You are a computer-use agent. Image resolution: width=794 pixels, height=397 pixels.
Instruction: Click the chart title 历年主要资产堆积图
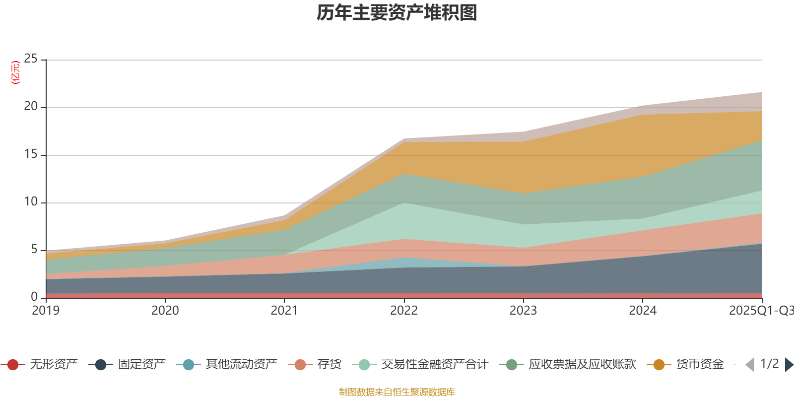(x=397, y=13)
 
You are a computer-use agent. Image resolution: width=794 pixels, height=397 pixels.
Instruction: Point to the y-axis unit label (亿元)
(x=15, y=72)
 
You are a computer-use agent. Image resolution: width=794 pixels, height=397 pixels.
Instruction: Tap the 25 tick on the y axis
(x=31, y=59)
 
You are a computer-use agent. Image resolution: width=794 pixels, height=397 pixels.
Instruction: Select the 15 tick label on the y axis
(x=31, y=154)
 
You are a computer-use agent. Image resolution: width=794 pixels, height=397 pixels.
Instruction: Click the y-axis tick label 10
(x=31, y=202)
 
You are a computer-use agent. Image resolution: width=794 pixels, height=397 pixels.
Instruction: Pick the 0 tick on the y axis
(x=34, y=297)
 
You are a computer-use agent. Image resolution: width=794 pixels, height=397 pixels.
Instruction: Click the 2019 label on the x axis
(x=46, y=311)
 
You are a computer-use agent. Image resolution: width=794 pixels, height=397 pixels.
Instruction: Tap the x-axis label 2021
(x=284, y=311)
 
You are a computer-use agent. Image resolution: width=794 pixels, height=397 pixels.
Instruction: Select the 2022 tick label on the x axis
(x=403, y=311)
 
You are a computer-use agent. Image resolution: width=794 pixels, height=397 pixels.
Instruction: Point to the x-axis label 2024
(x=643, y=311)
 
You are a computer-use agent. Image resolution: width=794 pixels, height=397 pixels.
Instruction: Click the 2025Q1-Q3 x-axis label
(x=761, y=311)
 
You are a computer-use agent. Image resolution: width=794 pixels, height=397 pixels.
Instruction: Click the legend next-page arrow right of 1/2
(x=789, y=365)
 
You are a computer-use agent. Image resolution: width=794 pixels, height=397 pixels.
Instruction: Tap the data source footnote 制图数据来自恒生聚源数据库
(x=397, y=392)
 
